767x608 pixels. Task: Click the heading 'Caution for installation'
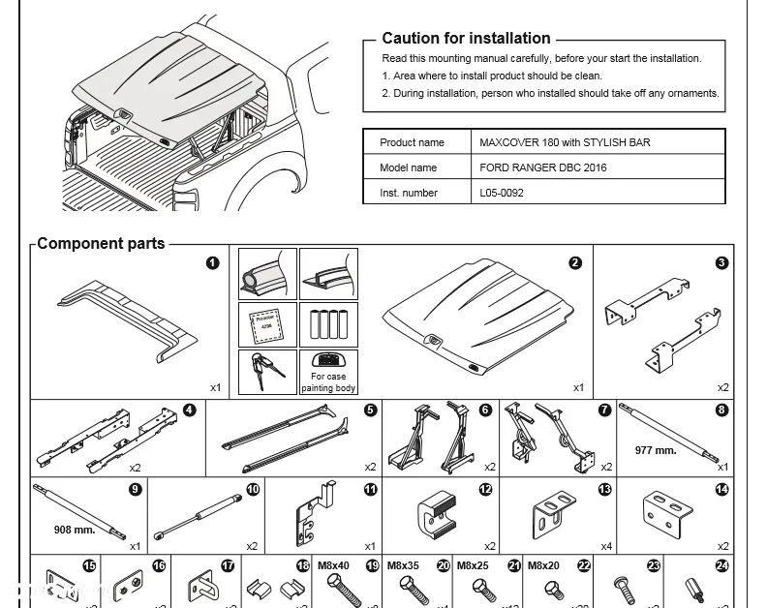tap(466, 39)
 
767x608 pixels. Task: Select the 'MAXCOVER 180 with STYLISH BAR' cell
tap(565, 142)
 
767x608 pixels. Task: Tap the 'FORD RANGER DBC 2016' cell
tap(543, 167)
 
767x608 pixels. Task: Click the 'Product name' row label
tap(412, 142)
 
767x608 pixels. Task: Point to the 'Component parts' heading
tap(101, 244)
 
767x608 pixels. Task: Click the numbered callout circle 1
tap(212, 262)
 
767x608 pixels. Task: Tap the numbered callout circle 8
tap(721, 410)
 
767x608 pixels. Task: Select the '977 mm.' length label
tap(656, 450)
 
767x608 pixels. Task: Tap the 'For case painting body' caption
tap(328, 382)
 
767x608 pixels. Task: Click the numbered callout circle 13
tap(605, 490)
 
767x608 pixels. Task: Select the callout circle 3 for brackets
tap(721, 262)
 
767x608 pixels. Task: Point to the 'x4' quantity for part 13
tap(606, 546)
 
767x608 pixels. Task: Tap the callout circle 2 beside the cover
tap(575, 262)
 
